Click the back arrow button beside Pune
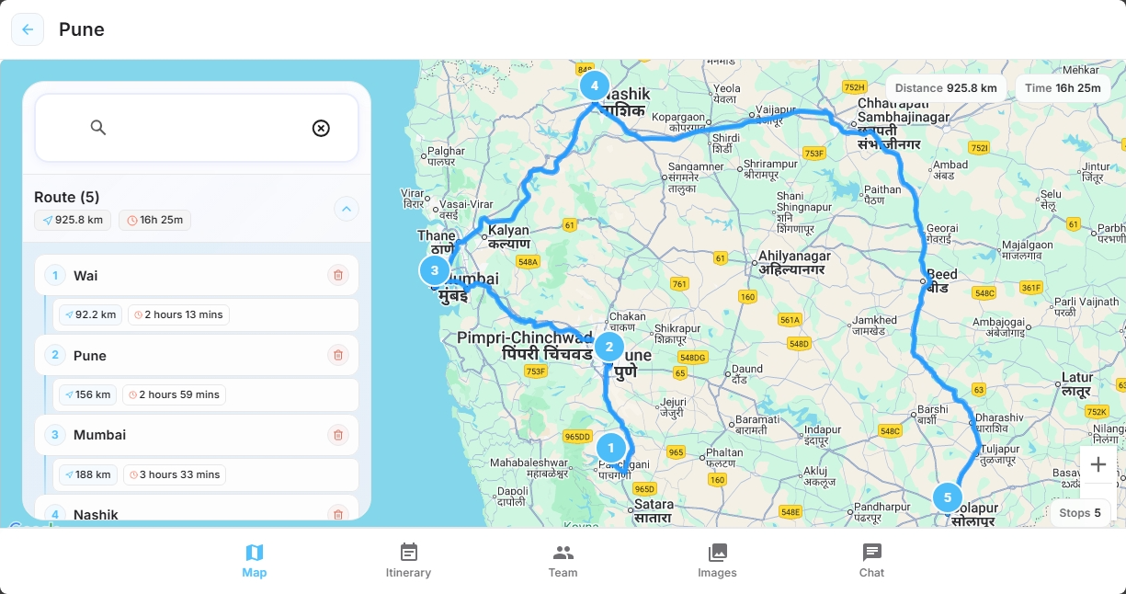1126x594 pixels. [28, 29]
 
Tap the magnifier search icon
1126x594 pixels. [98, 128]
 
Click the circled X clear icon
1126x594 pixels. [321, 128]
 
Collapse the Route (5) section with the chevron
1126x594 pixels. [346, 210]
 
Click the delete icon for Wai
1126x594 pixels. [338, 275]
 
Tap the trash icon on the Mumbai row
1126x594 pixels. [338, 435]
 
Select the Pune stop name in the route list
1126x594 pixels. [90, 356]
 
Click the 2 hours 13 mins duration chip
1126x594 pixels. [178, 314]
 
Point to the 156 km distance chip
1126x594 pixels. [87, 394]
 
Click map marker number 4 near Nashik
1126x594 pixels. [595, 86]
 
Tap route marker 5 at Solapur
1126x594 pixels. [948, 497]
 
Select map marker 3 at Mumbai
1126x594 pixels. [434, 270]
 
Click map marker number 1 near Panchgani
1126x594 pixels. [611, 448]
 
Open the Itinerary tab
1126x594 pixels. [409, 560]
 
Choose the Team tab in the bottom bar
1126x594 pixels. [563, 560]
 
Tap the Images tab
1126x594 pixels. [717, 560]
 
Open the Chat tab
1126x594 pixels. [871, 560]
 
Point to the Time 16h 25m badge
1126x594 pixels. [1063, 88]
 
